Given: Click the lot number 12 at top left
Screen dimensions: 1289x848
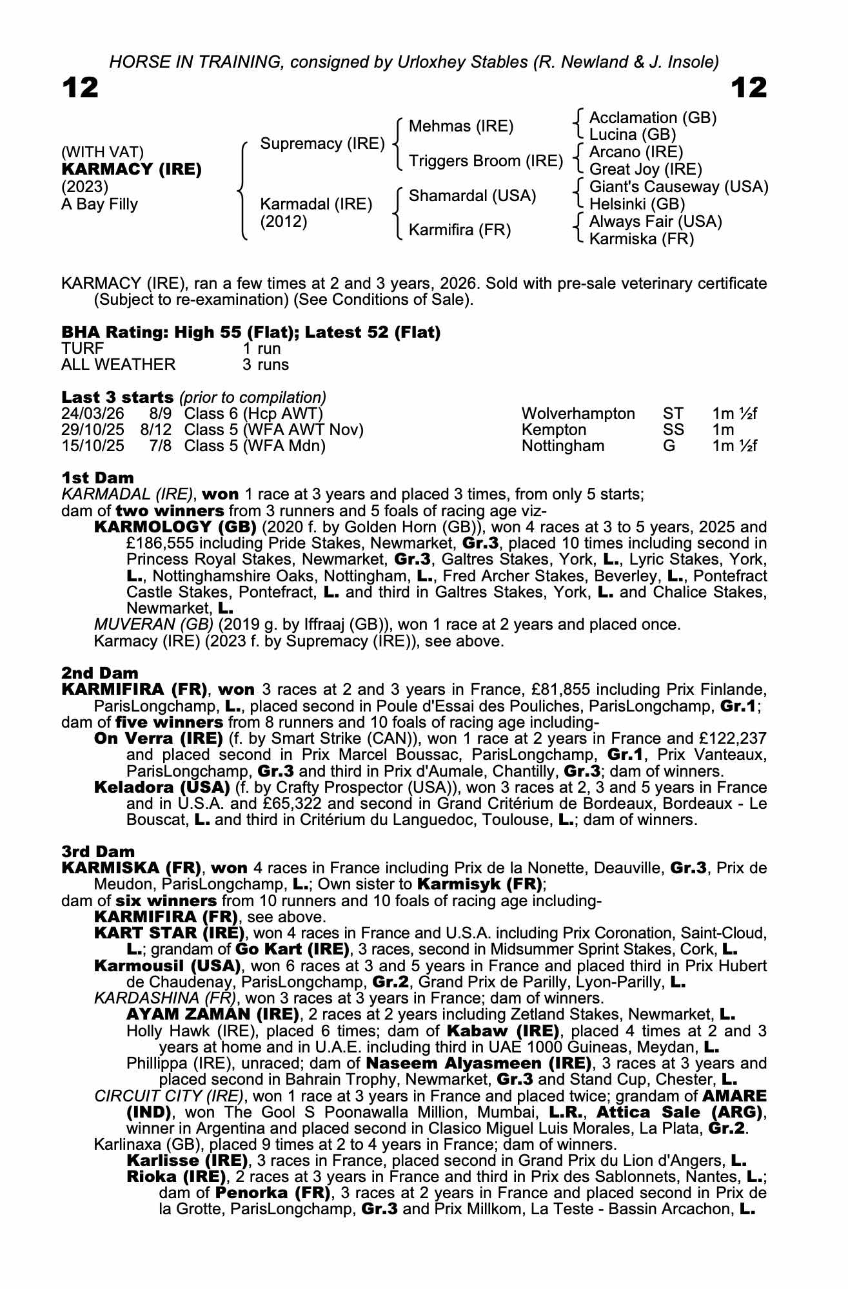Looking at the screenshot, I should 80,88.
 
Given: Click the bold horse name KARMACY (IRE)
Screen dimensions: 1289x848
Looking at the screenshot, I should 132,170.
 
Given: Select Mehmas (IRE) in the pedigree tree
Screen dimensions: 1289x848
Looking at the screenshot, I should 461,126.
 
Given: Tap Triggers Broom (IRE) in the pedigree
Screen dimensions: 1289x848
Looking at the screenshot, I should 486,161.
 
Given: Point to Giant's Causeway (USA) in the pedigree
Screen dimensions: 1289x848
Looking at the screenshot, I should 678,187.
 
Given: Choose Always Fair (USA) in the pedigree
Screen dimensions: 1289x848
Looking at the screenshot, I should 655,222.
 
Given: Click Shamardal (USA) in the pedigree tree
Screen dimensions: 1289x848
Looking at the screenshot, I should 472,196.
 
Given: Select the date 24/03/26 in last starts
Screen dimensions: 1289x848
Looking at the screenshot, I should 92,413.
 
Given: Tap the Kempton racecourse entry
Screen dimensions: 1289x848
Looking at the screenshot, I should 554,430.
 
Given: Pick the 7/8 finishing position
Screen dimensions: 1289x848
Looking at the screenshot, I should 161,446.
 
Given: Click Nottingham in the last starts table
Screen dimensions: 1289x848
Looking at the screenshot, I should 563,446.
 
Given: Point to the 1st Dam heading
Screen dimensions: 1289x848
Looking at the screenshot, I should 97,478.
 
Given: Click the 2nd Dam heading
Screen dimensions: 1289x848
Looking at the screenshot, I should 99,674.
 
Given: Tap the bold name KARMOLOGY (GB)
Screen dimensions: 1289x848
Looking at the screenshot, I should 175,527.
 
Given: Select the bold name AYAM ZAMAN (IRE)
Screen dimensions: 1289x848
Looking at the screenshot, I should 213,1014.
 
